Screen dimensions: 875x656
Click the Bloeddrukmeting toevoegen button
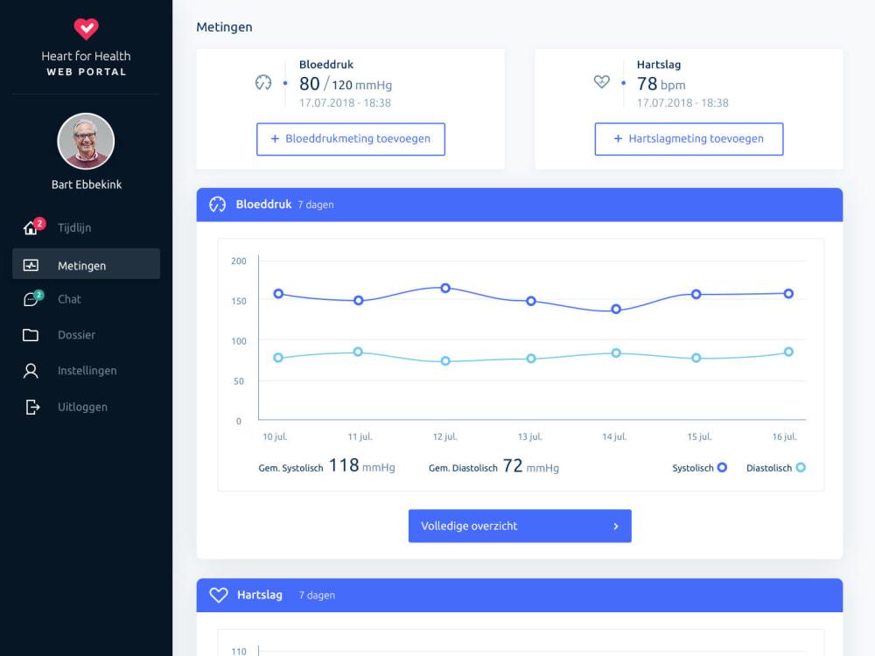coord(351,139)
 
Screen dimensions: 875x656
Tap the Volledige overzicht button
coord(520,526)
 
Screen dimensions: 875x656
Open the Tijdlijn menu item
coord(74,227)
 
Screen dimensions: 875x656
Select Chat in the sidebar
coord(69,299)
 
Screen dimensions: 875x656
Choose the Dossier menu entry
coord(76,335)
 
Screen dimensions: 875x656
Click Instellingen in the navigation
coord(87,370)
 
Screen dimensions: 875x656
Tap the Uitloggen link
coord(82,408)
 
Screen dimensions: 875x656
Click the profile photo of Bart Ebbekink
coord(86,141)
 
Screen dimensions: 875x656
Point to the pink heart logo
coord(86,29)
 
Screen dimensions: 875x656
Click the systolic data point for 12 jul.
coord(445,289)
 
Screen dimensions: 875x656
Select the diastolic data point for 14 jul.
coord(616,353)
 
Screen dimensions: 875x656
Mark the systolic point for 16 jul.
coord(788,294)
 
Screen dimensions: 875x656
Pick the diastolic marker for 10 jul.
coord(278,358)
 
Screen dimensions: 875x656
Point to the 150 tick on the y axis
coord(239,301)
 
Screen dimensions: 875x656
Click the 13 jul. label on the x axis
coord(529,436)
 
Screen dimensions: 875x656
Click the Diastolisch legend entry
coord(775,468)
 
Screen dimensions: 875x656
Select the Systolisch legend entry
coord(699,468)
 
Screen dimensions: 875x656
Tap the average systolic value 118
coord(344,465)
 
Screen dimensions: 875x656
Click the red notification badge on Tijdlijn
coord(39,224)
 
